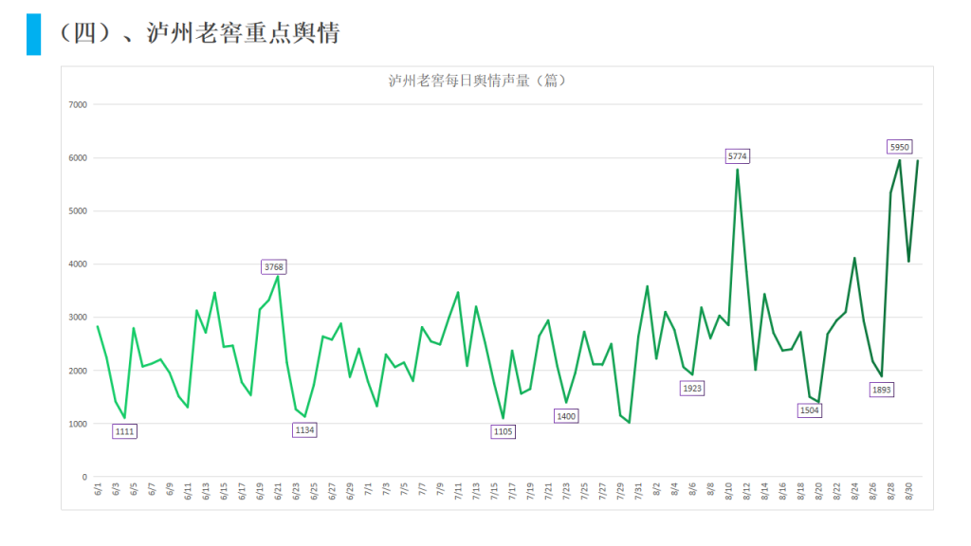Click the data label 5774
point(738,155)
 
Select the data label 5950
point(900,146)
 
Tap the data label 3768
point(274,267)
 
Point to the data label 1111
point(124,431)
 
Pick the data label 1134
point(304,429)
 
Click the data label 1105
point(504,431)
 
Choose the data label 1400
point(566,416)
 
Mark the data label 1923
point(692,388)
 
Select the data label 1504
point(809,410)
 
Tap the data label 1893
point(882,390)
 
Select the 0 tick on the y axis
point(84,477)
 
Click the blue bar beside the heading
point(33,34)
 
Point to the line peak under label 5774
point(738,170)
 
